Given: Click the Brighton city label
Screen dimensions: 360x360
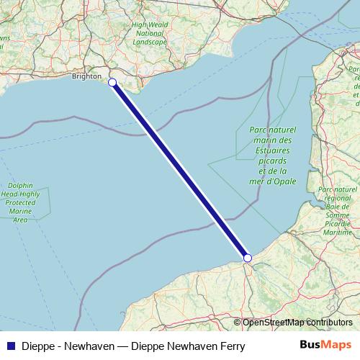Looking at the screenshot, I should click(86, 76).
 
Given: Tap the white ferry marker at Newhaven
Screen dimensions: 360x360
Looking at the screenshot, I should click(112, 82).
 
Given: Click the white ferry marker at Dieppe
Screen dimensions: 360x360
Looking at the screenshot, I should click(247, 258).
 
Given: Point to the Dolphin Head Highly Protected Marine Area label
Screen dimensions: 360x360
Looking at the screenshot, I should click(20, 202).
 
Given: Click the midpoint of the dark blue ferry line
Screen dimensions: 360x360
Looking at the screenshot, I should click(180, 170).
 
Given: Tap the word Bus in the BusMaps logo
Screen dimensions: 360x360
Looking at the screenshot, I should click(310, 346).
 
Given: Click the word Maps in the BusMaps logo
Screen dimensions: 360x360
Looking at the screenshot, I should click(335, 346).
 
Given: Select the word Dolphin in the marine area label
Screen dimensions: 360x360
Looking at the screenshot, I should click(20, 185).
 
